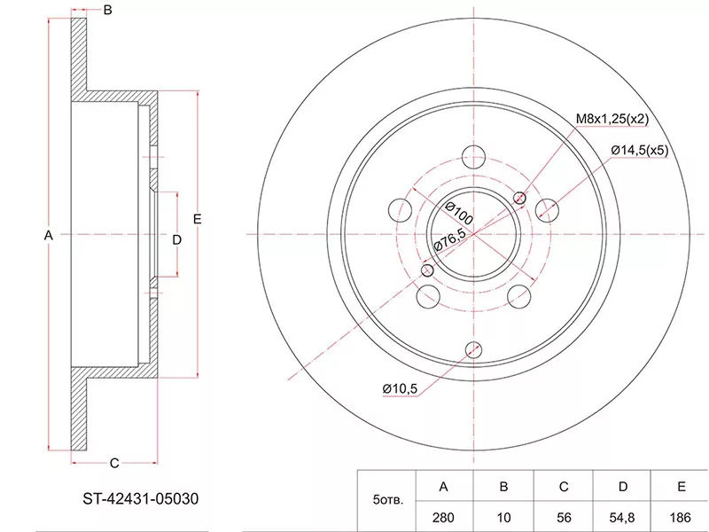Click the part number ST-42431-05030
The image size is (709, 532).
coord(140,499)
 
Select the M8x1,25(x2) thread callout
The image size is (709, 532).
coord(612,119)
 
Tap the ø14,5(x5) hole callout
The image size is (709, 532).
coord(639,150)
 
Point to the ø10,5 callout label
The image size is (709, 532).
coord(400,388)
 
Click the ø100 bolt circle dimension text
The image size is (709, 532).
coord(458,213)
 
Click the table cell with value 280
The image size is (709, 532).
coord(443,517)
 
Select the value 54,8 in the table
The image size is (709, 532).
coord(623,517)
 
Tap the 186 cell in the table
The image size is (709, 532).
coord(681,517)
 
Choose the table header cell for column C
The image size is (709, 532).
coord(564,487)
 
